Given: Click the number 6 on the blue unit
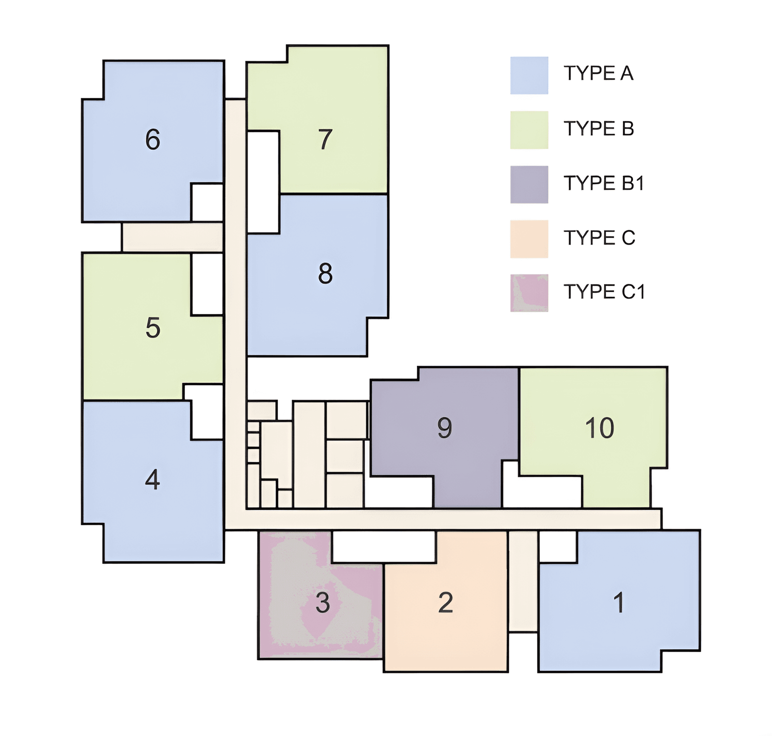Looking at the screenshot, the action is click(152, 139).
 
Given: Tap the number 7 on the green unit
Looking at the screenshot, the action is click(325, 139).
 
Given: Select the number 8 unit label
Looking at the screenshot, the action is click(325, 273).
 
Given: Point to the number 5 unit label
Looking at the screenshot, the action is click(152, 327).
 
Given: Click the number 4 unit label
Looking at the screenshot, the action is click(152, 479).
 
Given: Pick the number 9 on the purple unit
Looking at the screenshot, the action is click(444, 428).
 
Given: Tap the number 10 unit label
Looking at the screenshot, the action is click(600, 428).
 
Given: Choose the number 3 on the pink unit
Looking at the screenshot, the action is click(323, 603).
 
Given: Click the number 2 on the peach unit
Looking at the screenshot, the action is click(446, 603).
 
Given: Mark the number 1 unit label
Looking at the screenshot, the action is click(619, 603).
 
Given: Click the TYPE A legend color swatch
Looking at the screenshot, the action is click(529, 75).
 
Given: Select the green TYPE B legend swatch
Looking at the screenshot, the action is click(529, 130).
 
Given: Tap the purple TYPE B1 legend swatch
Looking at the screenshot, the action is click(529, 185).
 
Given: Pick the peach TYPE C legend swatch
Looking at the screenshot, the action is click(529, 239).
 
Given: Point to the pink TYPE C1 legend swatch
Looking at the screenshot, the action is click(529, 293).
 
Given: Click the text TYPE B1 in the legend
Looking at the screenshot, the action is click(604, 183).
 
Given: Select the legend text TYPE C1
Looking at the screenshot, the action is click(605, 292).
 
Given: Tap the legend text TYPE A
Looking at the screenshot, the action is click(598, 73).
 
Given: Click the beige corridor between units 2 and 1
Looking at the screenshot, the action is click(524, 581).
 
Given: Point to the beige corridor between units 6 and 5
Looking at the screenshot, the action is click(172, 237).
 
